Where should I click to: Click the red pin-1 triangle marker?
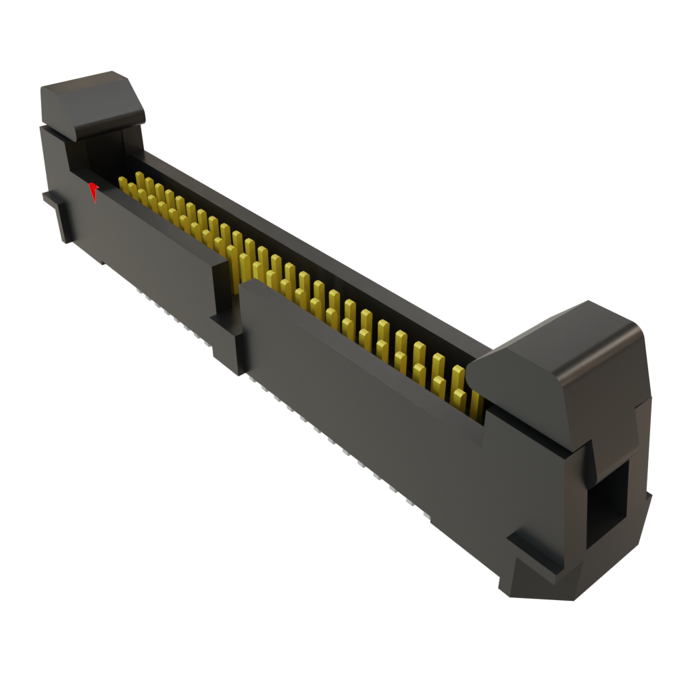click(94, 191)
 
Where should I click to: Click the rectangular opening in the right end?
click(608, 500)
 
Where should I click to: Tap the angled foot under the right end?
click(541, 581)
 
